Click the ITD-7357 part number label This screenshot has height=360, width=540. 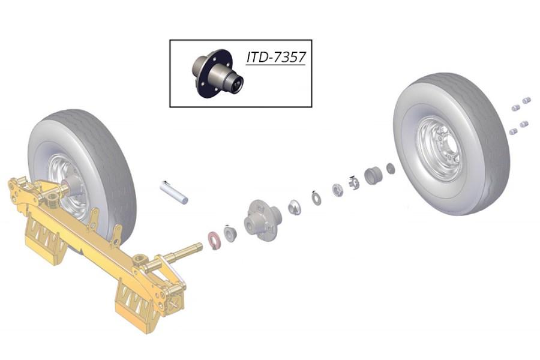click(x=275, y=58)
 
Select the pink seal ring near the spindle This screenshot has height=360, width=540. click(x=214, y=238)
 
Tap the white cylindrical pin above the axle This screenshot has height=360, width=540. click(x=174, y=191)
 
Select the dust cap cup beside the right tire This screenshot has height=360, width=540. click(x=373, y=176)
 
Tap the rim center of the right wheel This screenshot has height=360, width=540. click(x=442, y=149)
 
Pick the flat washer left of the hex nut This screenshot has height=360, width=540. click(x=316, y=196)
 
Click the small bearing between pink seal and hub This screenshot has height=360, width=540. click(x=230, y=231)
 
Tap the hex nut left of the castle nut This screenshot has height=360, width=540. click(x=337, y=190)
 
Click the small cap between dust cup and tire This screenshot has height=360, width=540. click(x=391, y=169)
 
